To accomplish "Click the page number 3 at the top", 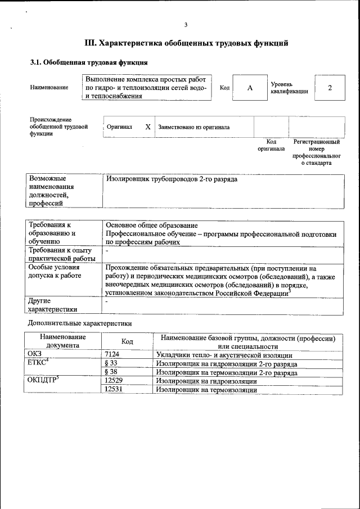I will coord(185,24).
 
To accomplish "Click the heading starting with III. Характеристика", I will coord(186,43).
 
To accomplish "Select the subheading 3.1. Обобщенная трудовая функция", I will coord(89,62).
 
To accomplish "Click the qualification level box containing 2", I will coord(330,88).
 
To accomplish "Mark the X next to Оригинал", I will coord(148,127).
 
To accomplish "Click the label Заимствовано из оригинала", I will coord(193,127).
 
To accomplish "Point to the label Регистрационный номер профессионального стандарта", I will coord(316,152).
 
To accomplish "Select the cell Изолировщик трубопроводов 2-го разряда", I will coord(172,179).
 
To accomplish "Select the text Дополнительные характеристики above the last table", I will coord(80,323).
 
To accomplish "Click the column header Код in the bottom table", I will coord(127,342).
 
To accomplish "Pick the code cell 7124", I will coord(114,354).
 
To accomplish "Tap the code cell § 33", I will coord(111,363).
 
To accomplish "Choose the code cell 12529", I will coord(115,381).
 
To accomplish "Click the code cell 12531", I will coord(115,389).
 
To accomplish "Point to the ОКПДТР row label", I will coord(43,381).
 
